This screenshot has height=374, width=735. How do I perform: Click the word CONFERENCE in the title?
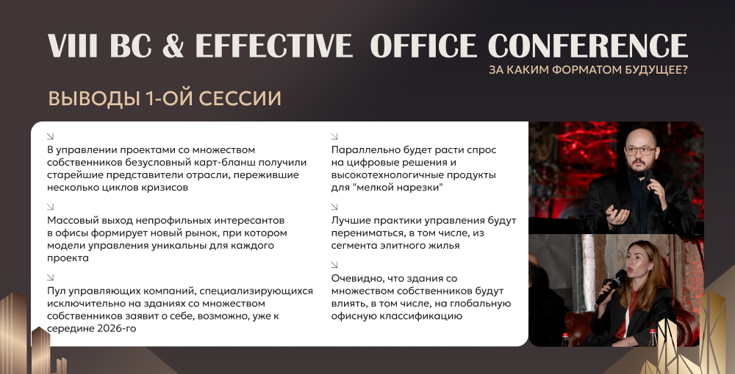[588, 46]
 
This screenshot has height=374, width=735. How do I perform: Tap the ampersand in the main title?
[173, 46]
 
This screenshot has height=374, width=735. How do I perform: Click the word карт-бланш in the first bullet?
[219, 163]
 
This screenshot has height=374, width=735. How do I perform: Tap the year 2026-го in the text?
[117, 328]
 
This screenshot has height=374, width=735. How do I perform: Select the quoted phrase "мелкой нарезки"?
[397, 187]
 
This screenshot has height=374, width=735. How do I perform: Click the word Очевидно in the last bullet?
[358, 278]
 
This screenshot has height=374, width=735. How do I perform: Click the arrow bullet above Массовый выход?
[51, 206]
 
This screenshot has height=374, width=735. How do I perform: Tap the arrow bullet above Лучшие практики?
[334, 206]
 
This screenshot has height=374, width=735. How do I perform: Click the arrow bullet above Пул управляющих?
[51, 278]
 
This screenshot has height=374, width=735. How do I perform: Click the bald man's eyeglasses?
[640, 151]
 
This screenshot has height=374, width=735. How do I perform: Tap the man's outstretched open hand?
[617, 214]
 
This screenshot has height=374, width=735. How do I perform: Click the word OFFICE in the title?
[423, 46]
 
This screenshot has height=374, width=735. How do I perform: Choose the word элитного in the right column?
[398, 245]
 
